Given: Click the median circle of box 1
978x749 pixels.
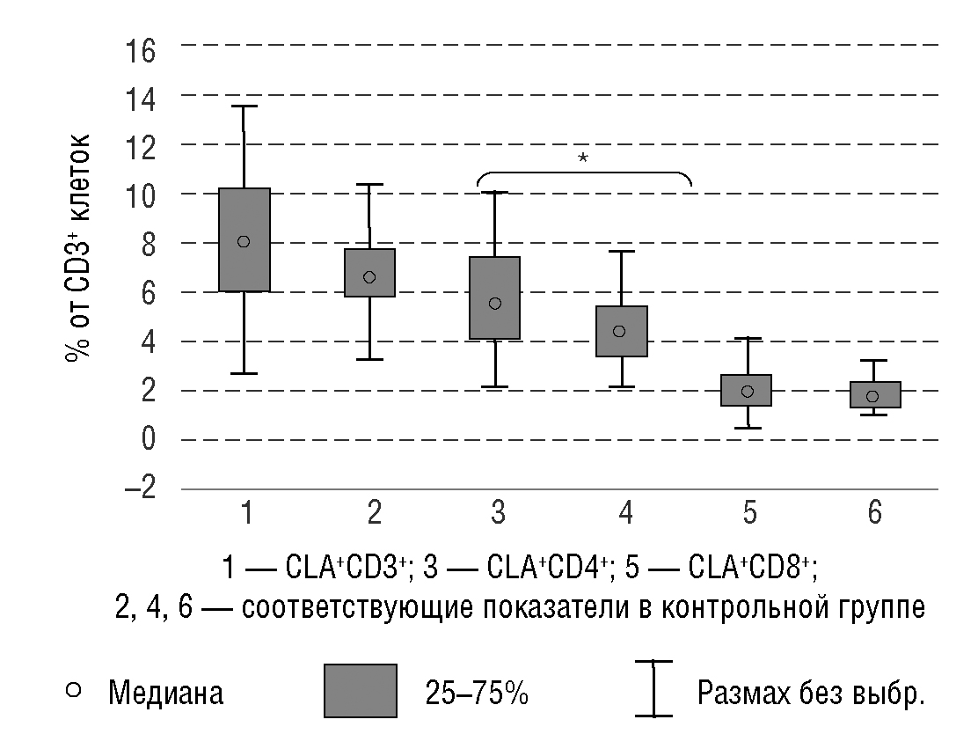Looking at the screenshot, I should pyautogui.click(x=244, y=241).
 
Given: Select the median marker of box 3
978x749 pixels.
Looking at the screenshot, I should pyautogui.click(x=495, y=303).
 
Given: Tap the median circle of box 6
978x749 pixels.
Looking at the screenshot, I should pyautogui.click(x=872, y=396).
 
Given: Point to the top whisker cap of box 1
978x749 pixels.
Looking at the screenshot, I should pyautogui.click(x=244, y=106).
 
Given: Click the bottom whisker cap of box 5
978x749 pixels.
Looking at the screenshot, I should pyautogui.click(x=747, y=428).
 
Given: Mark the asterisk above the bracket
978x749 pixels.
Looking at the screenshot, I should pyautogui.click(x=582, y=158).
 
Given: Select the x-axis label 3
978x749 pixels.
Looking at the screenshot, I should pyautogui.click(x=498, y=513).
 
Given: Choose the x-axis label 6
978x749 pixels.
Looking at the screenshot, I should pyautogui.click(x=874, y=513).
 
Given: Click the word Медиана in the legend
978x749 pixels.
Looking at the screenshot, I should pyautogui.click(x=165, y=694).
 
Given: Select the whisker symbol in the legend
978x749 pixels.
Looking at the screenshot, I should pyautogui.click(x=653, y=688).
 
